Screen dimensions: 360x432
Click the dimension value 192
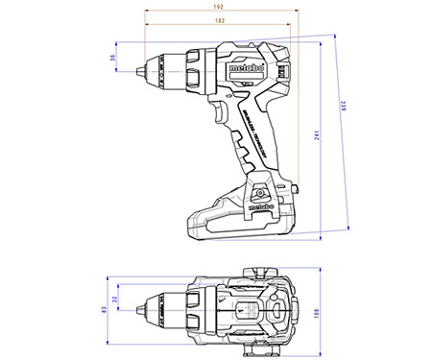click(x=220, y=7)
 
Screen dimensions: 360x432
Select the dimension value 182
click(x=220, y=19)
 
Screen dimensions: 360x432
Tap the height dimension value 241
click(x=318, y=135)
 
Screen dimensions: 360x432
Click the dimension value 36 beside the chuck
click(x=112, y=59)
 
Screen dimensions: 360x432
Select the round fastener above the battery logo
click(x=259, y=189)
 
